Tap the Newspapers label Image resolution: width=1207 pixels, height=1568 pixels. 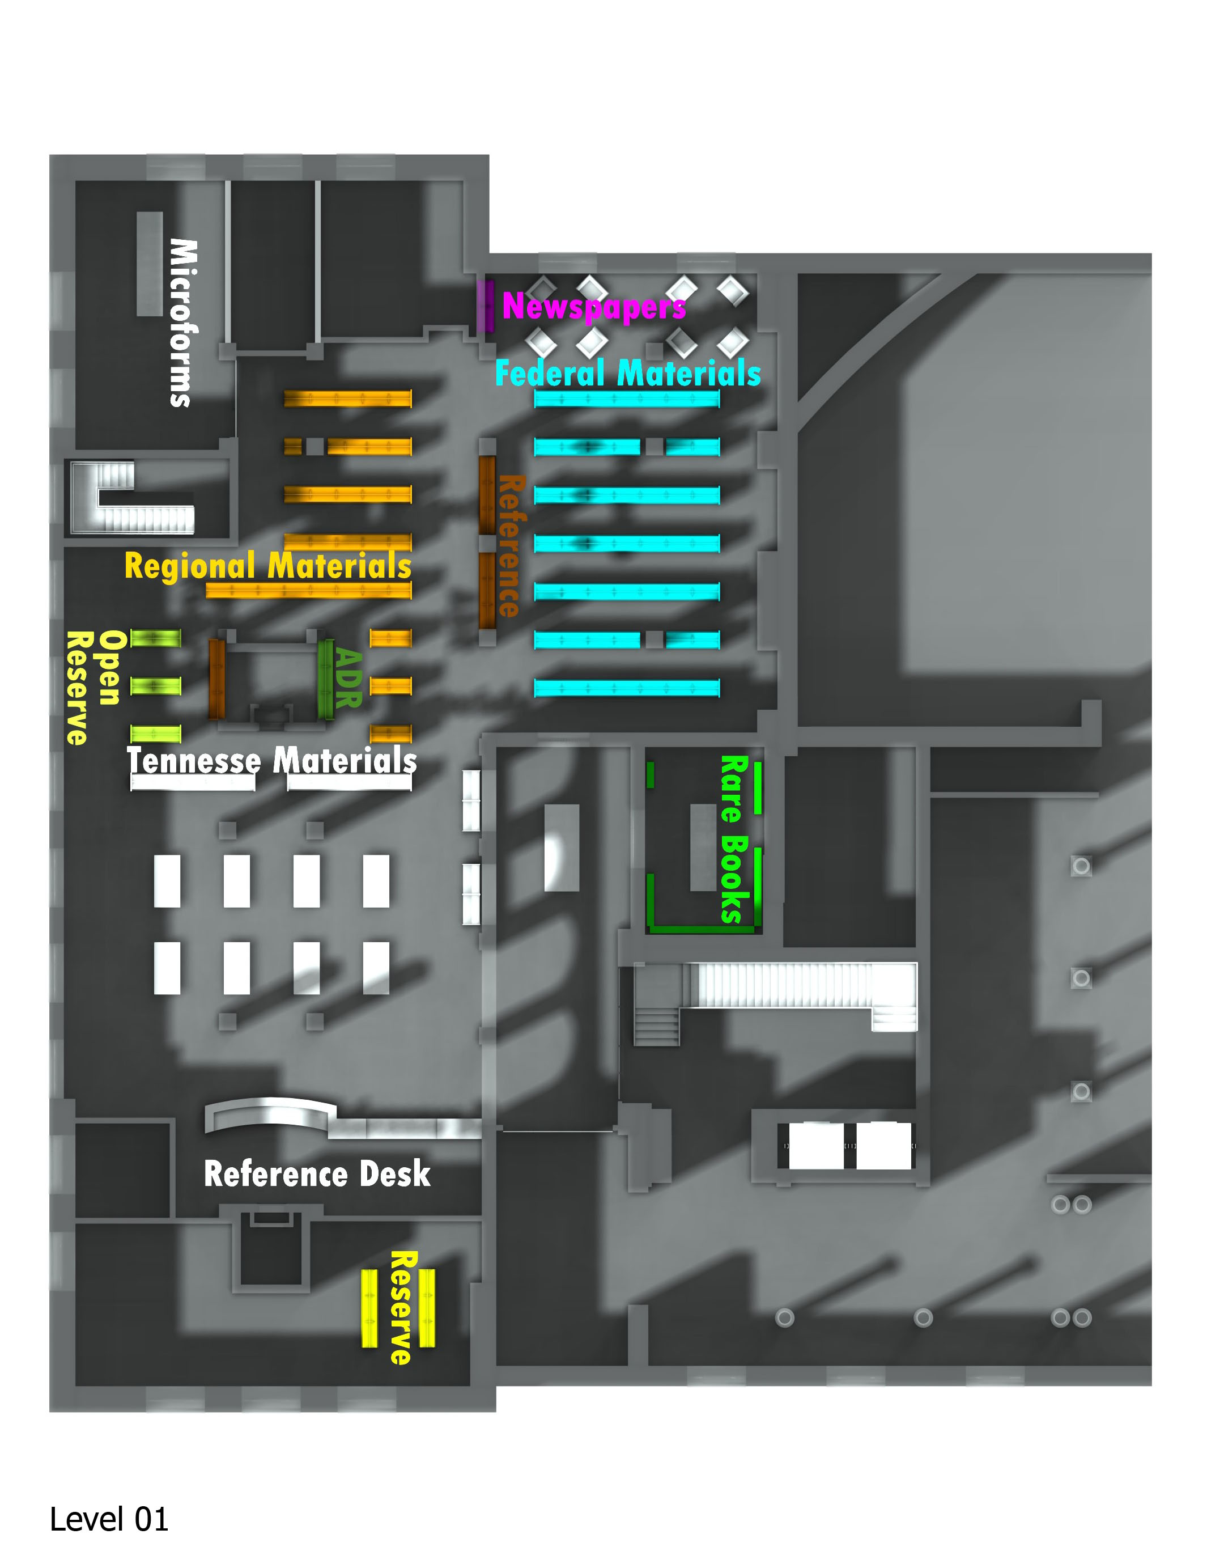[593, 307]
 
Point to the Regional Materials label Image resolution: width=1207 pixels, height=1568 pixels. [267, 566]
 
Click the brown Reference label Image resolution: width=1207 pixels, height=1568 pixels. [512, 546]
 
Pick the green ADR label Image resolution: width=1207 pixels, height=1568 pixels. [348, 679]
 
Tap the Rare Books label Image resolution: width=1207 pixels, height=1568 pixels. [733, 838]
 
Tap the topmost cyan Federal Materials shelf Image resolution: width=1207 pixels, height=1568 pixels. [627, 399]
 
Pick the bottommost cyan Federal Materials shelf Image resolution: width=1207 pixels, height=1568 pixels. [627, 688]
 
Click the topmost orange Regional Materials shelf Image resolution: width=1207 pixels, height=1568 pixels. [347, 399]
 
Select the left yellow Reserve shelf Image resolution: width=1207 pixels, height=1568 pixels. [369, 1308]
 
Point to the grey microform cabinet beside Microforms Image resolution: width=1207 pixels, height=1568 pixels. [149, 264]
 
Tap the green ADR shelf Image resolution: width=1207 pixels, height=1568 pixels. [326, 679]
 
